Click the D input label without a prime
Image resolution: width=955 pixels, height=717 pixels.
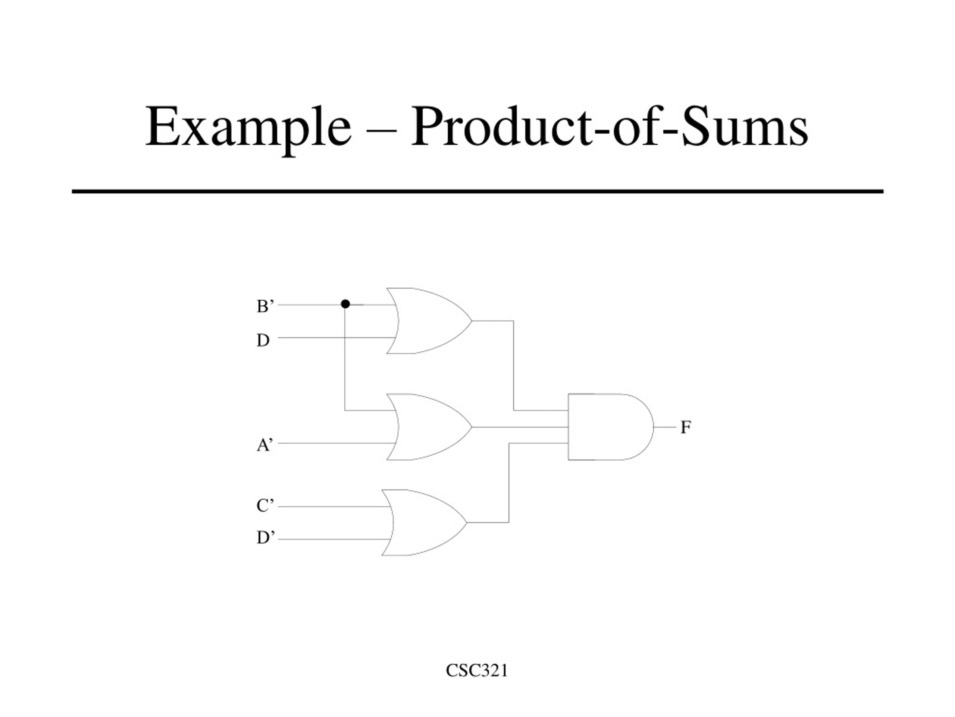pyautogui.click(x=263, y=341)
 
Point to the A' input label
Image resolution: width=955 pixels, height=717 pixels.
pyautogui.click(x=264, y=444)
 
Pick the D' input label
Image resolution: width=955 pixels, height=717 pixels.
pyautogui.click(x=266, y=538)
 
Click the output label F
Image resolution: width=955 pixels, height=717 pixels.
pyautogui.click(x=686, y=428)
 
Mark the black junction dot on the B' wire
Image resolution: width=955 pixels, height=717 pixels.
pyautogui.click(x=345, y=304)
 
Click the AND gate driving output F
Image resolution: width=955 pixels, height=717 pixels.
pyautogui.click(x=610, y=427)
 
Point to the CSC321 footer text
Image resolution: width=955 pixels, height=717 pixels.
pyautogui.click(x=477, y=671)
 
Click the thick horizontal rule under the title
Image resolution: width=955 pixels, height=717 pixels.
pyautogui.click(x=477, y=191)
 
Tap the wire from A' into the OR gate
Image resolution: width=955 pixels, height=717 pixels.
pyautogui.click(x=336, y=443)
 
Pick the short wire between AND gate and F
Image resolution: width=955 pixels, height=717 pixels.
pyautogui.click(x=665, y=427)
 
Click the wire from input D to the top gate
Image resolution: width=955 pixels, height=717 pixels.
pyautogui.click(x=336, y=337)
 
